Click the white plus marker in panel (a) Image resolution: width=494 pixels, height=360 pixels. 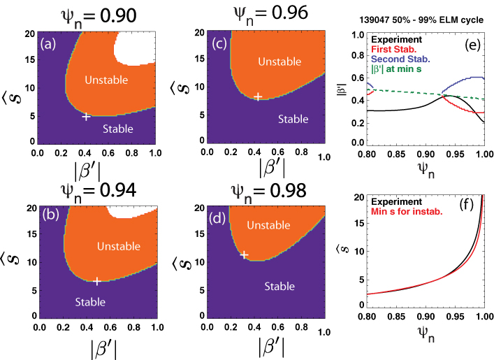coord(86,116)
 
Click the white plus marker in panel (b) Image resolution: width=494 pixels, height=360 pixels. coord(97,281)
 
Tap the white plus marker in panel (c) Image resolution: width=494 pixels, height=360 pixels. coord(258,96)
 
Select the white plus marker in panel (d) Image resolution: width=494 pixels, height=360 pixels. coord(244,255)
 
